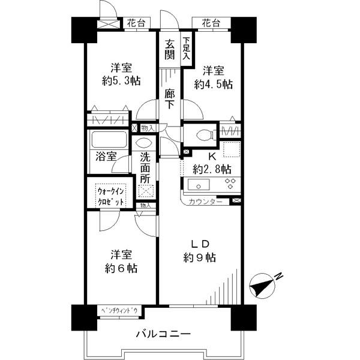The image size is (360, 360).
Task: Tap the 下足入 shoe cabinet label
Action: (x=186, y=49)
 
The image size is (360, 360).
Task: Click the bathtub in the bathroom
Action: (x=108, y=141)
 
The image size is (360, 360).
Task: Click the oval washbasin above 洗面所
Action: (x=144, y=143)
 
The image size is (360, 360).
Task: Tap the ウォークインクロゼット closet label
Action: (x=111, y=197)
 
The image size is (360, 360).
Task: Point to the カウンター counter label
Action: (x=205, y=202)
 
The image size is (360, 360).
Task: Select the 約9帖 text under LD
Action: (x=199, y=257)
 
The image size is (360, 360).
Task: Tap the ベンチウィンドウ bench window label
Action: (x=119, y=310)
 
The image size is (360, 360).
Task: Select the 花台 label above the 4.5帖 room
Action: (x=209, y=23)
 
